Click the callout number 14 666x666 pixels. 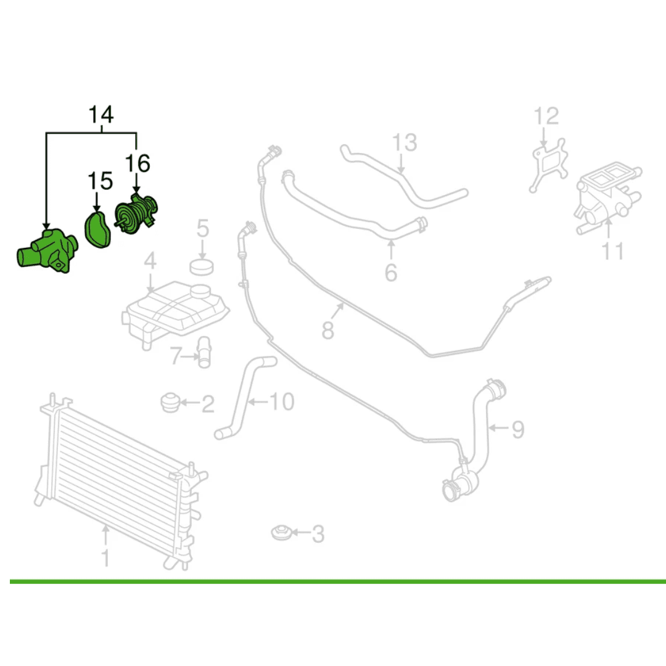pyautogui.click(x=102, y=115)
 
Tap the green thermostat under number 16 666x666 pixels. pyautogui.click(x=136, y=213)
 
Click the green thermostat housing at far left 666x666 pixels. pyautogui.click(x=48, y=250)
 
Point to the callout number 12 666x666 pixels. pyautogui.click(x=546, y=117)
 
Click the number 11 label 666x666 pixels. pyautogui.click(x=613, y=251)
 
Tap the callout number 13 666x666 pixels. pyautogui.click(x=406, y=143)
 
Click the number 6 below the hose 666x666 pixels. pyautogui.click(x=391, y=271)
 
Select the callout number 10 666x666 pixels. pyautogui.click(x=281, y=403)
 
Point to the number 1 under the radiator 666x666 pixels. pyautogui.click(x=105, y=557)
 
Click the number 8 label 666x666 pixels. pyautogui.click(x=328, y=330)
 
